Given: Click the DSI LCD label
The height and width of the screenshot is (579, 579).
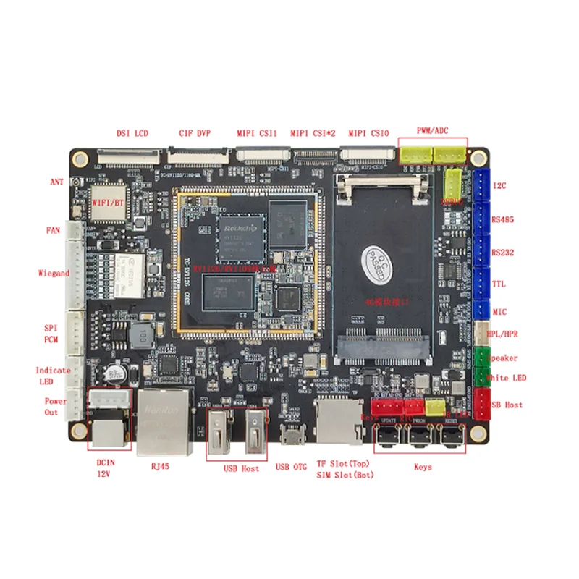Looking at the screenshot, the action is point(132,133).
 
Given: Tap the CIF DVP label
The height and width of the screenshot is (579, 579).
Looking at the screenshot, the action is point(194,133).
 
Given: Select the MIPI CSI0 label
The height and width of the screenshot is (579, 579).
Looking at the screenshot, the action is point(369,133).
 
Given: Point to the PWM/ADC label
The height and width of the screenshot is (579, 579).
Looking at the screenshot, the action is point(433,130).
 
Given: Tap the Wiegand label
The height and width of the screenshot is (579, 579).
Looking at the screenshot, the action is point(54,274).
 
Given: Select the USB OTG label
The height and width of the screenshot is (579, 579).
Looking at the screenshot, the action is point(292,468).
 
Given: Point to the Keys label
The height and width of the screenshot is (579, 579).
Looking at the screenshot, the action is point(423,468).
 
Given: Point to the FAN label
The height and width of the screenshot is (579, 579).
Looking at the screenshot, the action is point(53,232).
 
